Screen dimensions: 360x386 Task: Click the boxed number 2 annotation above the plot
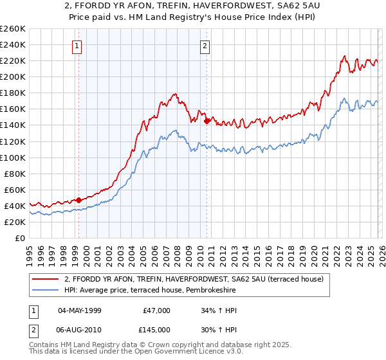205,46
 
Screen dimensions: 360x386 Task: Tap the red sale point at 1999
78,200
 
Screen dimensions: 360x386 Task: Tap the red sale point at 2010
206,120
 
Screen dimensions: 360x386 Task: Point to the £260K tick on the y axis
13,29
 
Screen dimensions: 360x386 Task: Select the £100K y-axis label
13,157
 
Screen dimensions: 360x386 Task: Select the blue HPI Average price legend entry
150,291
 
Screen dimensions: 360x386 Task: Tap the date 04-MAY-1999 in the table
80,310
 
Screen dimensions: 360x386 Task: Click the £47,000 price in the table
155,310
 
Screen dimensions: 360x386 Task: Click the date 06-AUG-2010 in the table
80,330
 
